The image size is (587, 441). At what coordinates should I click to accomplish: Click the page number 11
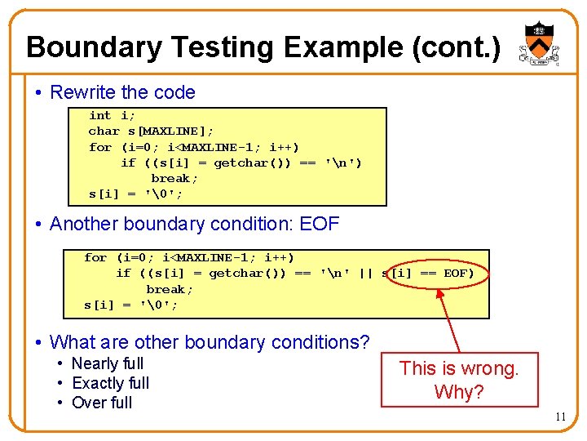coord(560,416)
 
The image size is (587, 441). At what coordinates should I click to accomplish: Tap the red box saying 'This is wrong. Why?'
coord(460,380)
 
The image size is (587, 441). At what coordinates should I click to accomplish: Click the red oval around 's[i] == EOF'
coord(432,274)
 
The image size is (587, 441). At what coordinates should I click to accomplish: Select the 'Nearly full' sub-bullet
coord(107,363)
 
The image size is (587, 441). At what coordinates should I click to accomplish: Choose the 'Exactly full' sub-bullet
coord(110,383)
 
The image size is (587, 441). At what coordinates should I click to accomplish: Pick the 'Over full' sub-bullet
coord(101,403)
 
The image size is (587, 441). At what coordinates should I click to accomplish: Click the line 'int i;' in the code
coord(112,116)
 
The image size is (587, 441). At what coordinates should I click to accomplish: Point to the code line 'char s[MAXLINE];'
coord(152,131)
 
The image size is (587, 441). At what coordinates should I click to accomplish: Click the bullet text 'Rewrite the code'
coord(122,92)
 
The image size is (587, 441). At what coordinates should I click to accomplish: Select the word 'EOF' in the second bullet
coord(320,224)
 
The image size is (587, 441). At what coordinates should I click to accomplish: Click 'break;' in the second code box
coord(170,289)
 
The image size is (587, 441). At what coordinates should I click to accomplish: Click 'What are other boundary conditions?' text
coord(210,342)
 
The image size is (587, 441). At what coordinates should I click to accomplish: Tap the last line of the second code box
coord(130,305)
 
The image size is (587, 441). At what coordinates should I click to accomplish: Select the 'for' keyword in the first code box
coord(100,148)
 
